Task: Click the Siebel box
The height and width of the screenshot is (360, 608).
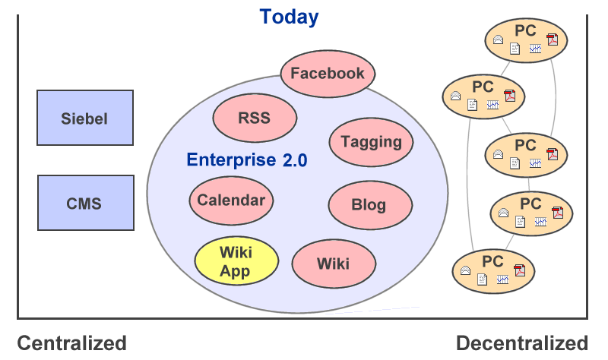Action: coord(85,118)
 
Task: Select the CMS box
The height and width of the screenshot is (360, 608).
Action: coord(85,203)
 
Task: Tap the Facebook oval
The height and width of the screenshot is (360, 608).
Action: coord(328,74)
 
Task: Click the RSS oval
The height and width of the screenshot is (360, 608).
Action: coord(254,118)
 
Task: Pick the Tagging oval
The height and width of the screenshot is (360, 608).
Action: coord(371,141)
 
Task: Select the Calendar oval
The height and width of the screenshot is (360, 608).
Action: coord(231,201)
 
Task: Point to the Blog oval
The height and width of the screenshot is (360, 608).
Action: coord(369,204)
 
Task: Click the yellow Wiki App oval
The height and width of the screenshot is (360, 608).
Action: coord(235,261)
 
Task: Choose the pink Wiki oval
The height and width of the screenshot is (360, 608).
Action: coord(334,263)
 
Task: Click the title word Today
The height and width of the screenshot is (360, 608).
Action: coord(289,17)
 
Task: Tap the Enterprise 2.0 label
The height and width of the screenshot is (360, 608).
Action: coord(246,160)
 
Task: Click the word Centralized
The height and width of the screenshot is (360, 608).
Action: coord(71,343)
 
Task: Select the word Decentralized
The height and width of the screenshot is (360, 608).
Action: coord(521,343)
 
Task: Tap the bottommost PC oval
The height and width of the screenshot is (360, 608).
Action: coord(493,269)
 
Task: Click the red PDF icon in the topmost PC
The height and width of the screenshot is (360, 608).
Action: coord(553,39)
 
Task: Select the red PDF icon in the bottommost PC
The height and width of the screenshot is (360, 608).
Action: coord(520,270)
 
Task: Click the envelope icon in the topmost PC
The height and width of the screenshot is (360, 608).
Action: coord(498,39)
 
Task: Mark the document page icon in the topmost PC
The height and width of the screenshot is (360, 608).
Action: coord(515,49)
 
